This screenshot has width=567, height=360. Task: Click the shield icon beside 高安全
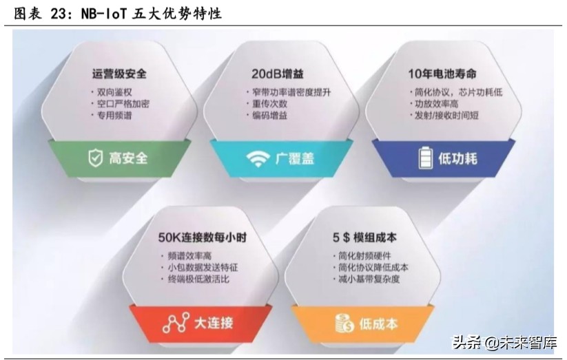(94, 158)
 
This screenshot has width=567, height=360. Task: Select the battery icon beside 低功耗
(425, 158)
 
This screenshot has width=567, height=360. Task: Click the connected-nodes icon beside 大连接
(176, 322)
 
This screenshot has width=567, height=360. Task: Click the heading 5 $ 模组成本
(364, 237)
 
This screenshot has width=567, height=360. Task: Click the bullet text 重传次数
(269, 103)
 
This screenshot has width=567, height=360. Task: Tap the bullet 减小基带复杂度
(369, 279)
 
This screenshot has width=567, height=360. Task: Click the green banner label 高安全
(128, 158)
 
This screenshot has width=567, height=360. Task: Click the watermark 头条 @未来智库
(504, 342)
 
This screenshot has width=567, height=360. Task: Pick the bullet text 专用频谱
(114, 115)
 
